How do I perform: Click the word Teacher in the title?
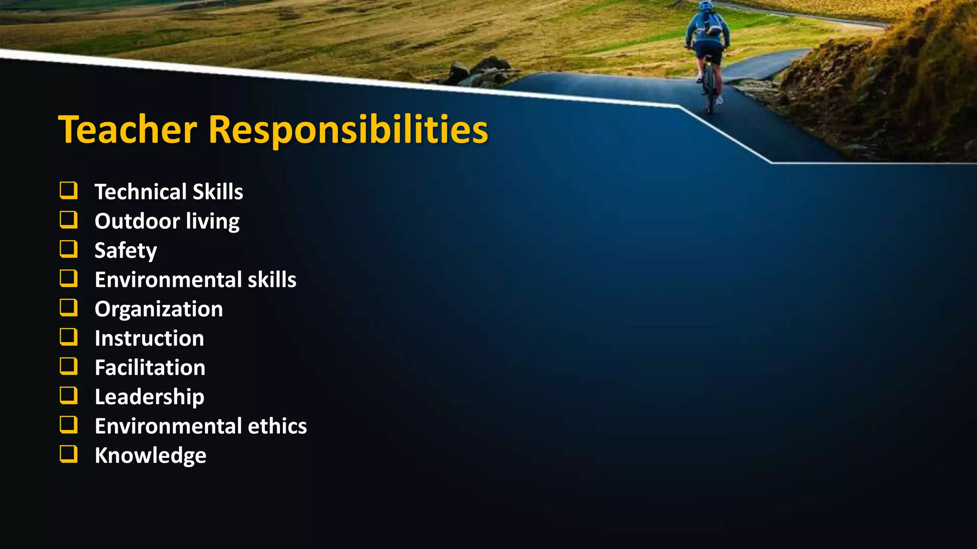tap(127, 130)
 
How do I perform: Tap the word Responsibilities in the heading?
tap(348, 130)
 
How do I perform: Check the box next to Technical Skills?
tap(68, 190)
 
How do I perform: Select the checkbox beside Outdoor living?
tap(68, 220)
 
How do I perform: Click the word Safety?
tap(125, 251)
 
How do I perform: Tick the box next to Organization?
tap(68, 307)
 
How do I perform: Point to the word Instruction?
tap(149, 338)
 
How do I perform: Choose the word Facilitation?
tap(150, 367)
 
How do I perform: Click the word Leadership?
tap(149, 397)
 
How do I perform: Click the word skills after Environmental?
tap(272, 280)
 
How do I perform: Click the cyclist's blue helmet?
tap(706, 6)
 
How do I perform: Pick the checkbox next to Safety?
tap(68, 249)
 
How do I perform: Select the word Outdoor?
tap(137, 221)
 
